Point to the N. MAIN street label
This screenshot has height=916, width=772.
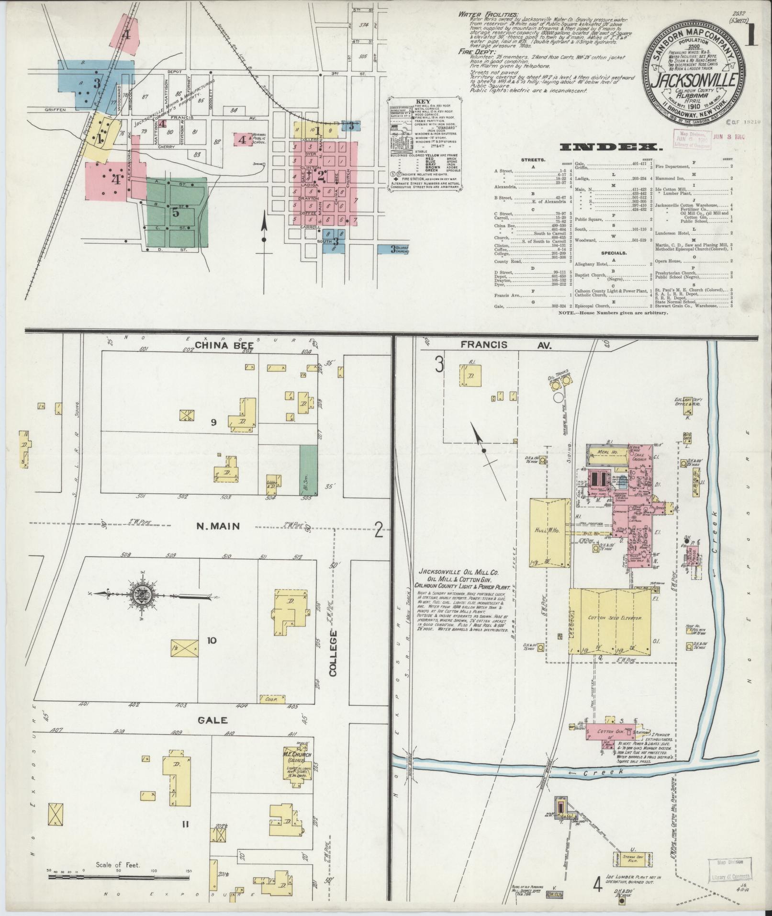[218, 526]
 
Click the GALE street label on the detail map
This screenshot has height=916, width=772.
[211, 733]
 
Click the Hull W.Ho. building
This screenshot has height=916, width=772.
[549, 532]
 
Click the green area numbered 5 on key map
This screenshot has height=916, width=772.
[176, 212]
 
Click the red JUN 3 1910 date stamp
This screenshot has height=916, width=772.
[729, 136]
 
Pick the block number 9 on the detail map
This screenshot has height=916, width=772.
[214, 422]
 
